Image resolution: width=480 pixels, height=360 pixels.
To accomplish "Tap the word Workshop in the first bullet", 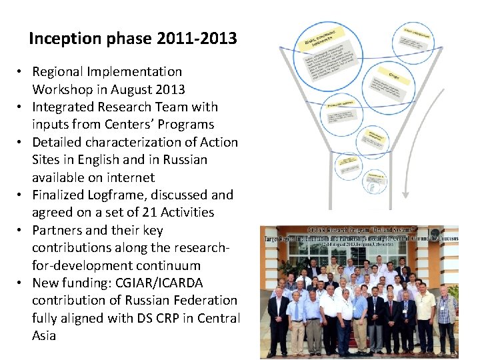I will pos(65,89).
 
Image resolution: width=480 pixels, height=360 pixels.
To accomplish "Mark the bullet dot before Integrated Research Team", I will pos(22,107).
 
